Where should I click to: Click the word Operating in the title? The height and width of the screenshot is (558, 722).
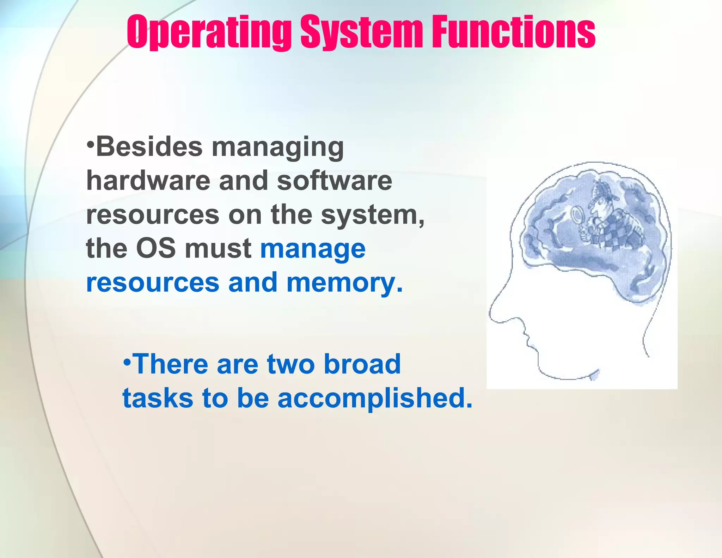pyautogui.click(x=209, y=32)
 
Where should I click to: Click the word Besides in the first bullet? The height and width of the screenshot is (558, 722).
pyautogui.click(x=149, y=147)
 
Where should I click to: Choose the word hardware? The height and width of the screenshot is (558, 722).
pyautogui.click(x=148, y=181)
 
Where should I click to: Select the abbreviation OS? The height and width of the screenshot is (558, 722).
pyautogui.click(x=155, y=248)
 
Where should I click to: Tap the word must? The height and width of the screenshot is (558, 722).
pyautogui.click(x=218, y=248)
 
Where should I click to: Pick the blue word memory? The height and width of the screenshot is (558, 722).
pyautogui.click(x=344, y=283)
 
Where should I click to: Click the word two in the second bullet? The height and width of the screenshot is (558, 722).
pyautogui.click(x=291, y=364)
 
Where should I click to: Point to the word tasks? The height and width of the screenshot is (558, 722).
pyautogui.click(x=158, y=398)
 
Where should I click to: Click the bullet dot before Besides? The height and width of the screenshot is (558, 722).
pyautogui.click(x=91, y=145)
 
